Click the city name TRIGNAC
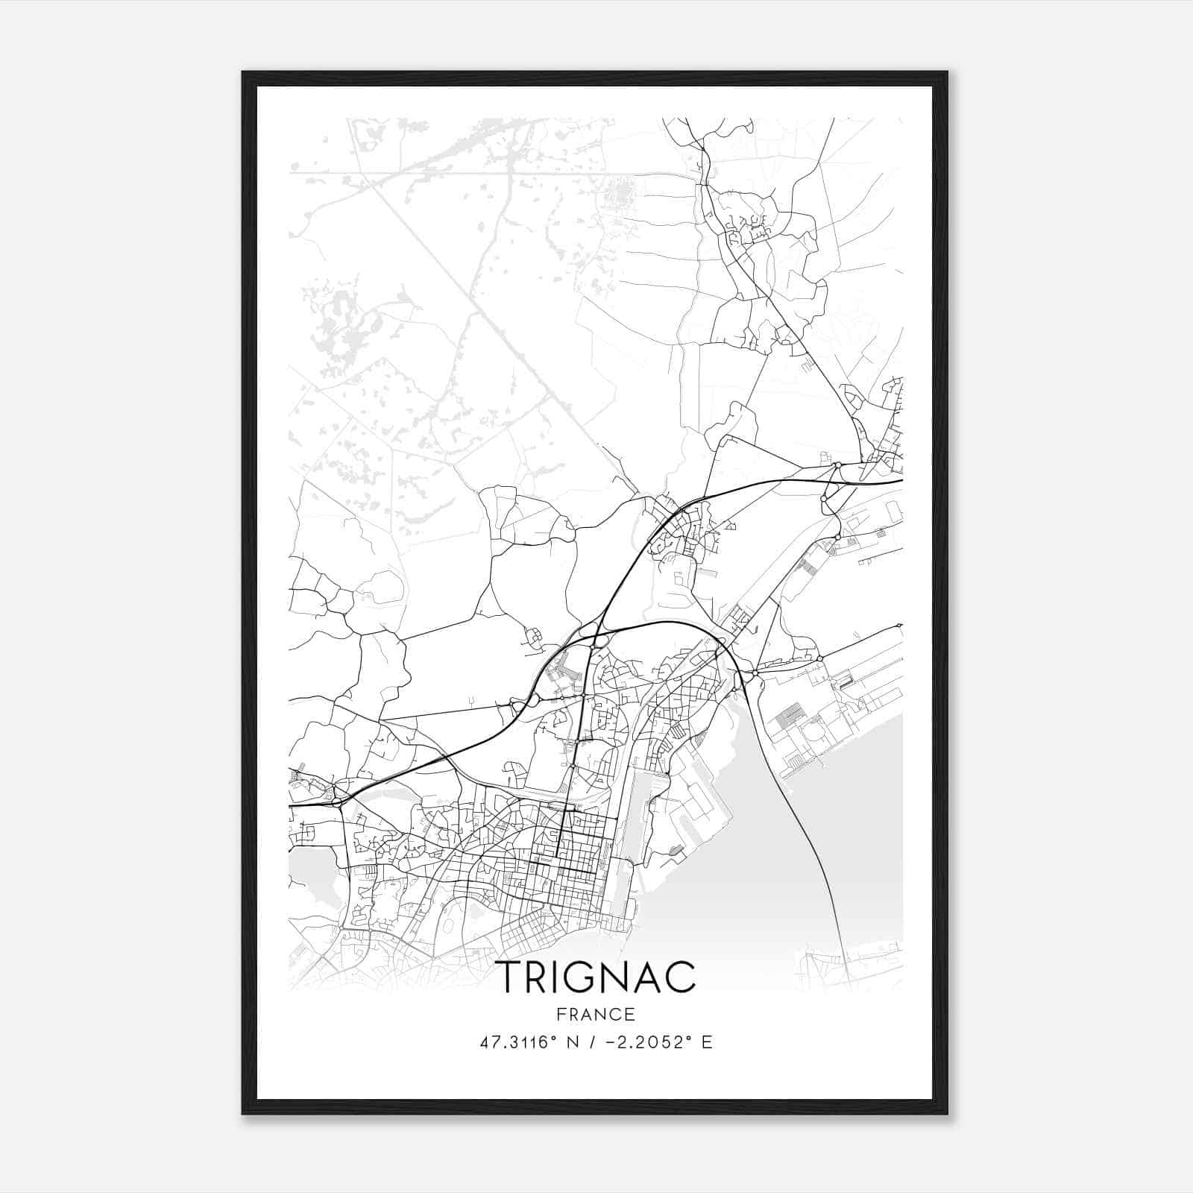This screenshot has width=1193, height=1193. [x=596, y=976]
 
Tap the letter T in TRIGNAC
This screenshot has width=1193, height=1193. [x=509, y=977]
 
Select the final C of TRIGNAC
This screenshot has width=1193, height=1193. [x=681, y=977]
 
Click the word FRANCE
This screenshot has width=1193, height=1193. [x=596, y=1014]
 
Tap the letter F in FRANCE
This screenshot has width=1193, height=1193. [x=561, y=1014]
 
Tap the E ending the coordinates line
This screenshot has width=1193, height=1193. [x=706, y=1042]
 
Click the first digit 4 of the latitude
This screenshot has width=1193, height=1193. [x=485, y=1042]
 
